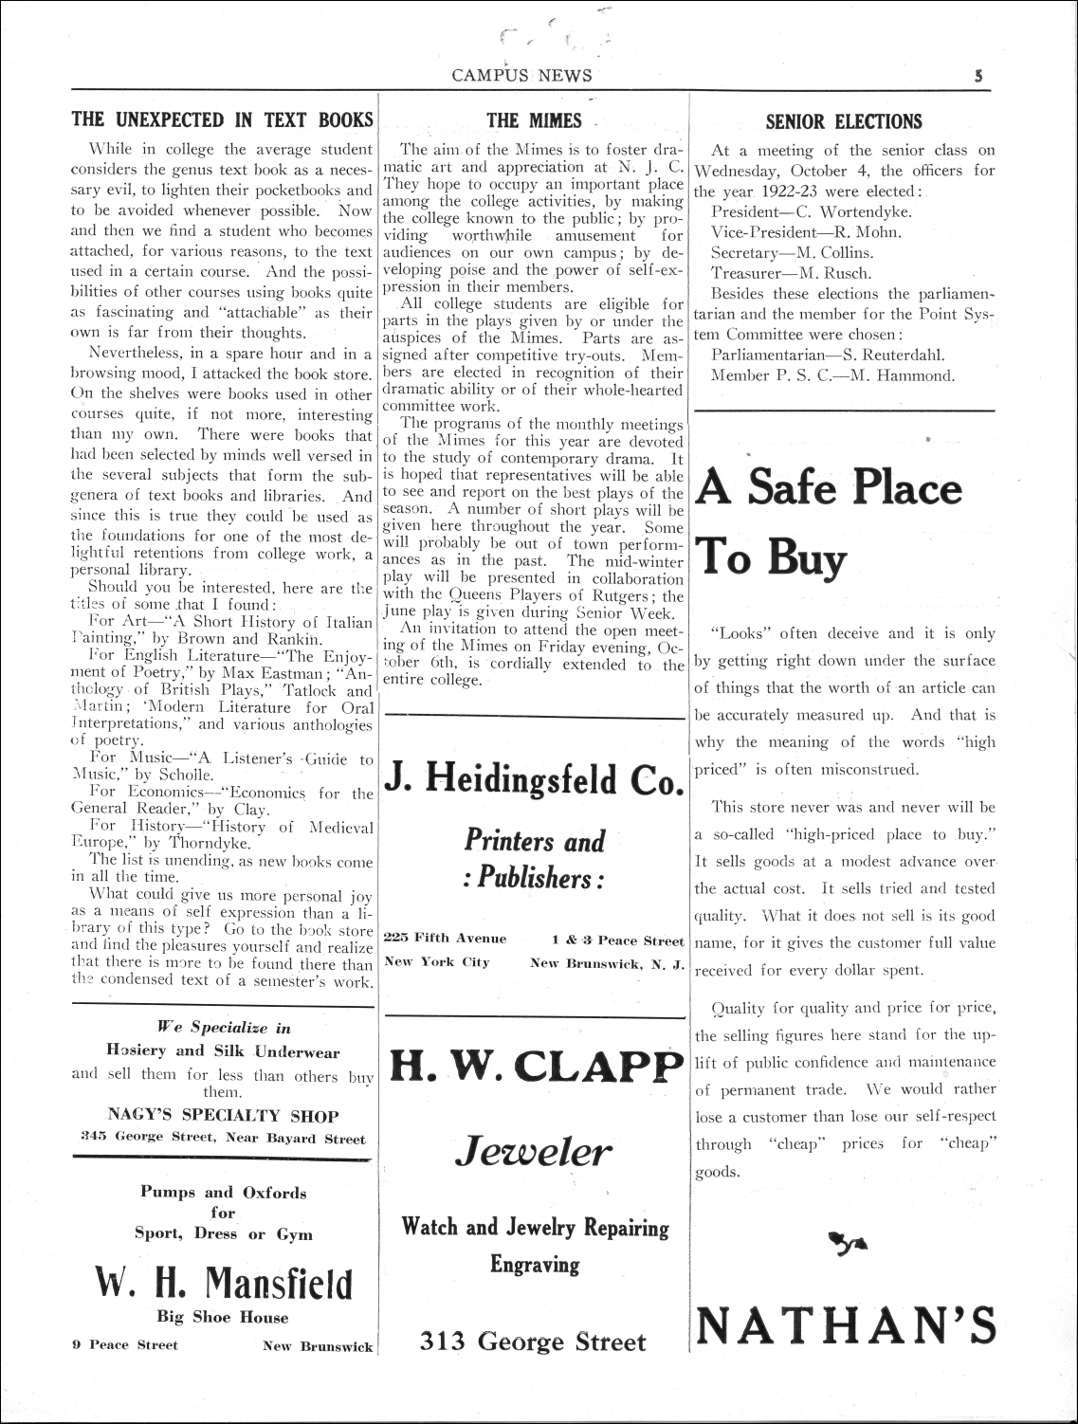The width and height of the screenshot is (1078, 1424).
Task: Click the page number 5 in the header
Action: [978, 77]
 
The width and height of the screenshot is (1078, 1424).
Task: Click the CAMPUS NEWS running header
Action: [522, 77]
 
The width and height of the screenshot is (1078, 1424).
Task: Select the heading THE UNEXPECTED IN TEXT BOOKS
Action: [223, 120]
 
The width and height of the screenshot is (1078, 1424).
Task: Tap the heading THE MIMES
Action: [533, 120]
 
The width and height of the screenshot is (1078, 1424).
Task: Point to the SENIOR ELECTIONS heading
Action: [843, 121]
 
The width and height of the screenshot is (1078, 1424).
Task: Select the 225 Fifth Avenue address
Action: [445, 940]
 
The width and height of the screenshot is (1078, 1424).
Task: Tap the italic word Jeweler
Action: [534, 1152]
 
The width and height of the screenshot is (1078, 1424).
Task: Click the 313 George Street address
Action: [534, 1342]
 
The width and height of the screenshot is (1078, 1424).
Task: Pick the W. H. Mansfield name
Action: [223, 1284]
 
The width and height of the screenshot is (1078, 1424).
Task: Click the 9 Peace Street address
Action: [125, 1345]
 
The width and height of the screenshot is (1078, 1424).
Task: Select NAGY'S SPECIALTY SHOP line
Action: [223, 1116]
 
